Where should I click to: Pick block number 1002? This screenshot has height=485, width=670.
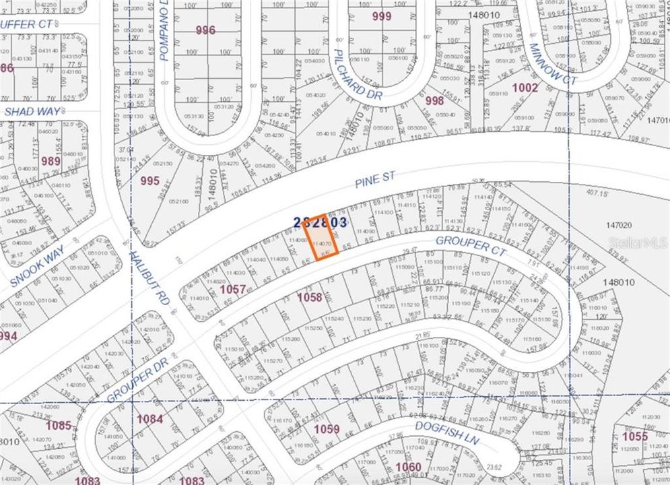coord(525,88)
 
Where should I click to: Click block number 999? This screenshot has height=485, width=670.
coord(381,16)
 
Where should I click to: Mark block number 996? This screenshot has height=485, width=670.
coord(205,30)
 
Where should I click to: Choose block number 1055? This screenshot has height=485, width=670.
coord(634,437)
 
